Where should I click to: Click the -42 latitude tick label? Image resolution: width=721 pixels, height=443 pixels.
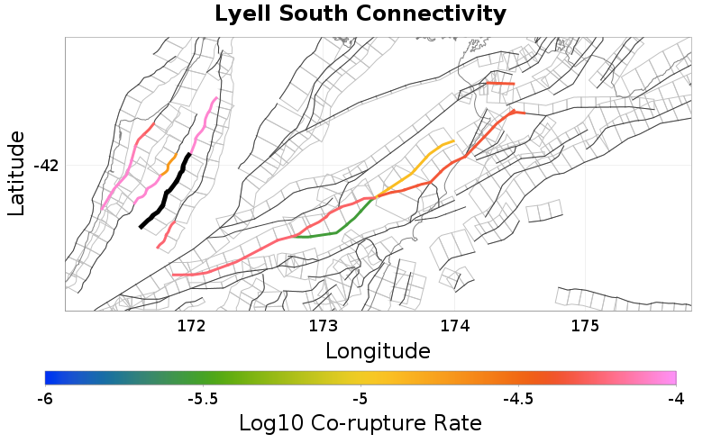pyautogui.click(x=46, y=166)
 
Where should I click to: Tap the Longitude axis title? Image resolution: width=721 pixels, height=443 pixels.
pyautogui.click(x=378, y=349)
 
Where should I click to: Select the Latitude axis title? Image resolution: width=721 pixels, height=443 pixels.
pyautogui.click(x=16, y=173)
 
